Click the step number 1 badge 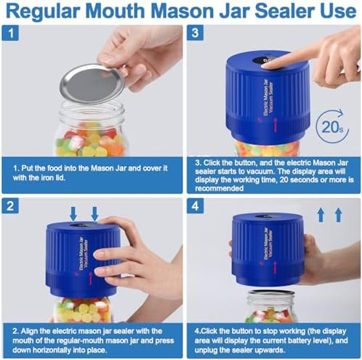[x=11, y=34]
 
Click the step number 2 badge [x=11, y=207]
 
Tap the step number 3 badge [x=195, y=34]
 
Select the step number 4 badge [x=195, y=207]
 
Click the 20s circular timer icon [x=332, y=126]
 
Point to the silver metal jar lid [x=92, y=83]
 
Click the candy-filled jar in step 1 [x=89, y=134]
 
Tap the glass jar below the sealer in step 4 [x=271, y=307]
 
